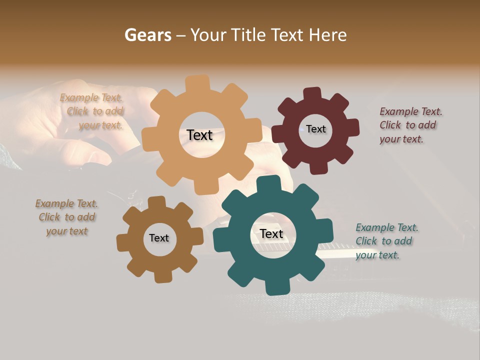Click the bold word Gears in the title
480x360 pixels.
147,35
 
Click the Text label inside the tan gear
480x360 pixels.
199,135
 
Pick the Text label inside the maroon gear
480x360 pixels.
316,129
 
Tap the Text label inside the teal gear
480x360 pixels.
271,233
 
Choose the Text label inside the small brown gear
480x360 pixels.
159,238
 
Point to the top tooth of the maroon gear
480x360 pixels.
312,94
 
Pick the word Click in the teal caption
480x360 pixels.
366,241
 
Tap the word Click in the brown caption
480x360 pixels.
49,217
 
